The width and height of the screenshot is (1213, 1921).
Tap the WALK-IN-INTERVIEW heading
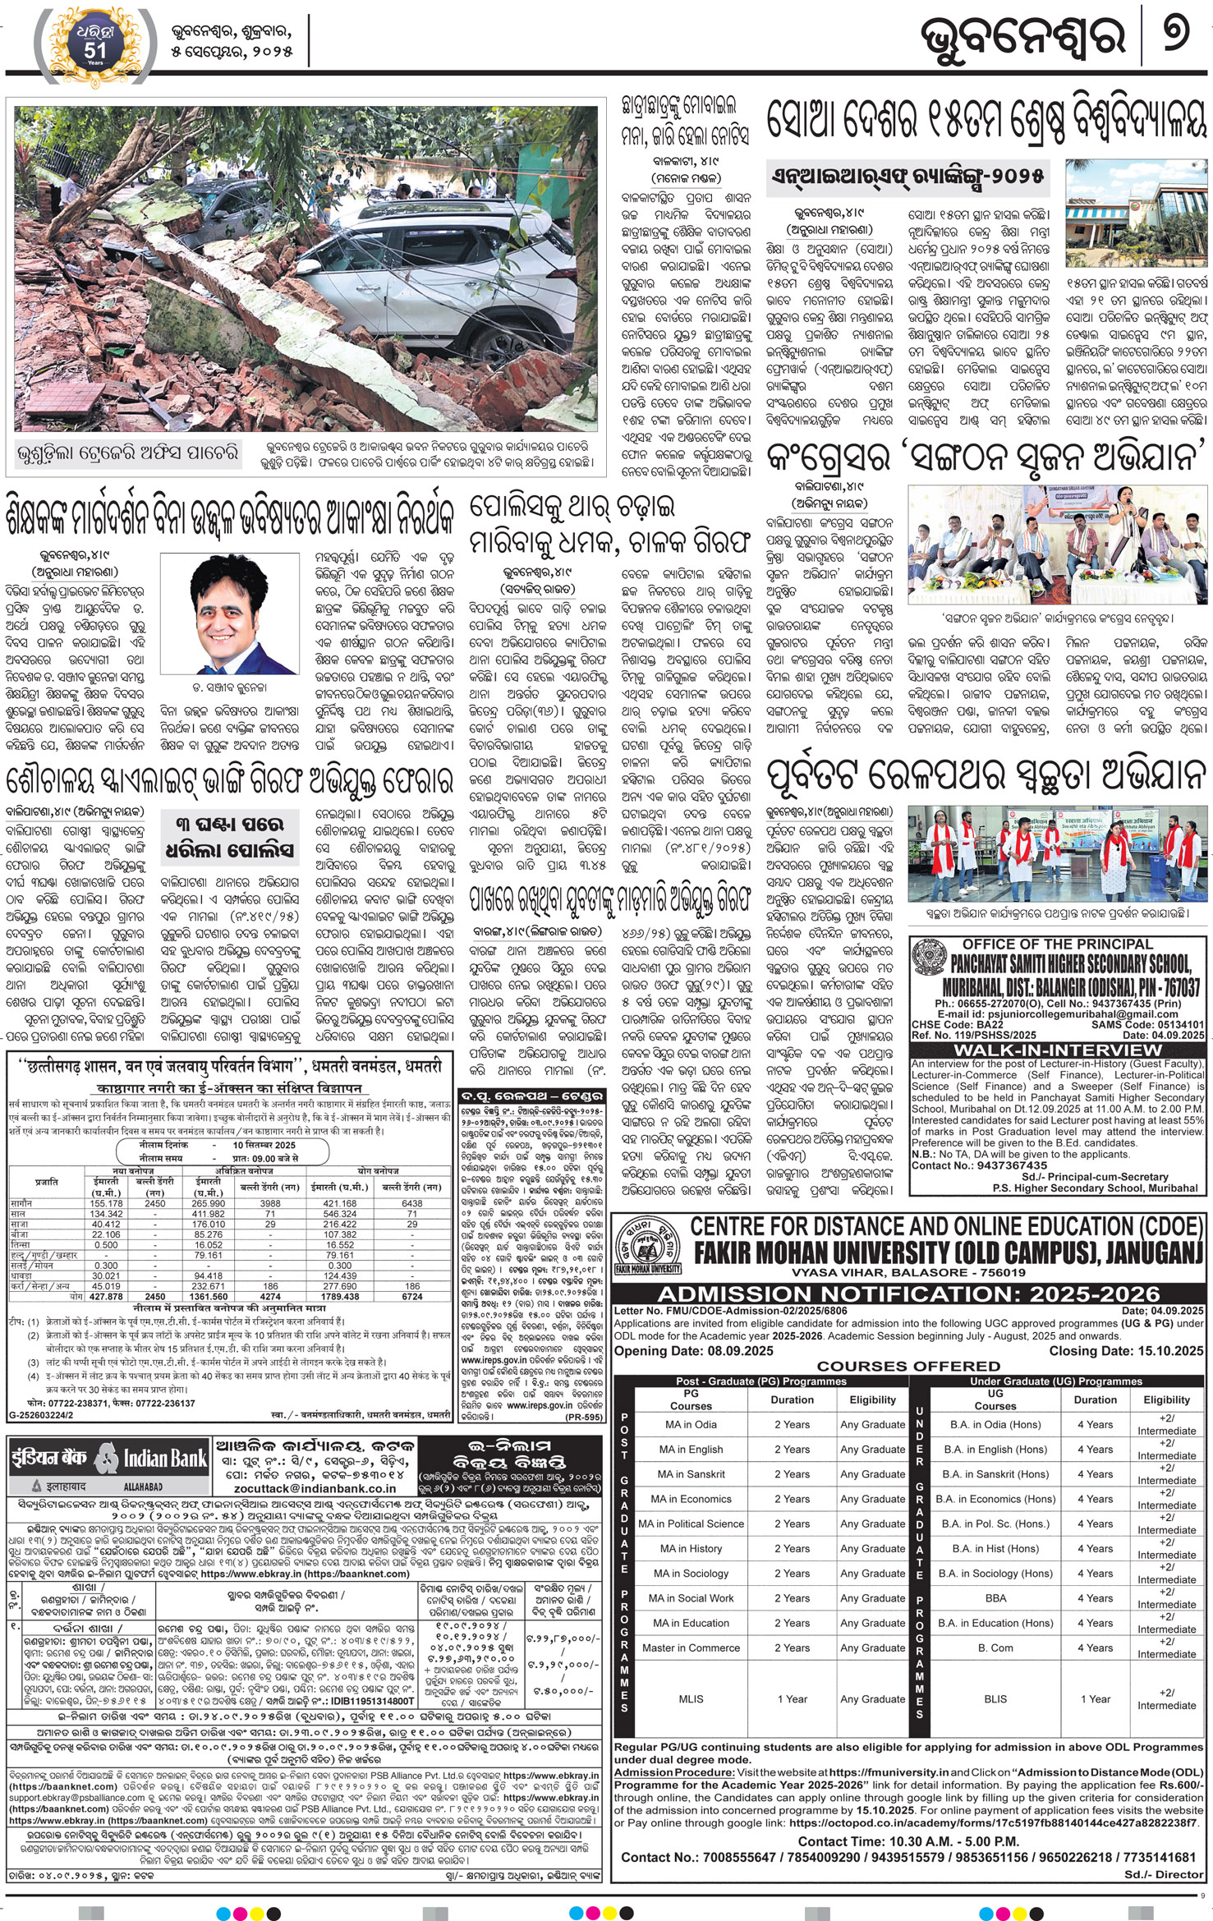click(1057, 1050)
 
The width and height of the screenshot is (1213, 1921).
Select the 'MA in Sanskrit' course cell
click(691, 1474)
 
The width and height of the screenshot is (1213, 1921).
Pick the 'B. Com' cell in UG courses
click(995, 1648)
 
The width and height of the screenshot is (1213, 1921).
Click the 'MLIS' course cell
click(691, 1698)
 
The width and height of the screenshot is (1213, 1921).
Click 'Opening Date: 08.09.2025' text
click(694, 1350)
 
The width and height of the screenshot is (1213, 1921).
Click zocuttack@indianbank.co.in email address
click(315, 1487)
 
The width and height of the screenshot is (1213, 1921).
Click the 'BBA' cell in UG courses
click(995, 1598)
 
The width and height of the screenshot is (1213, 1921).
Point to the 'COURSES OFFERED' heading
click(908, 1366)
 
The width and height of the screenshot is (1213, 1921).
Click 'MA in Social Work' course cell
click(691, 1598)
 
